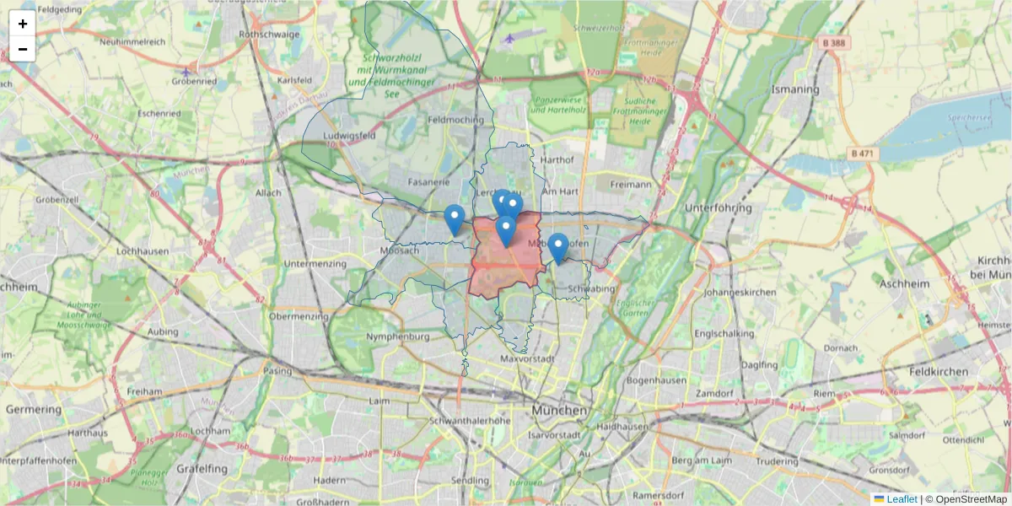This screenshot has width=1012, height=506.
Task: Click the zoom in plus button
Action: click(23, 24)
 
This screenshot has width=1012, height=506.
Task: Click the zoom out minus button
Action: click(23, 49)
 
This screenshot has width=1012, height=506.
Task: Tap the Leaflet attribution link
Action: click(902, 499)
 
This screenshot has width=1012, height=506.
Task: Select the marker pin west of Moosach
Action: click(454, 219)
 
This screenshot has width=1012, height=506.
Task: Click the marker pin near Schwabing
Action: click(557, 248)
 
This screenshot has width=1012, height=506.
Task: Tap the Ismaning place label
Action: click(795, 89)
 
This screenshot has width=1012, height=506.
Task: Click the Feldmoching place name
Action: click(456, 120)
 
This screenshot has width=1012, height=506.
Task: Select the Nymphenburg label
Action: click(398, 336)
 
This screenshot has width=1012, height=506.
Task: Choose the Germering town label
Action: click(34, 409)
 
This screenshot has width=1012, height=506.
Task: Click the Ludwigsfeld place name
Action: click(342, 135)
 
